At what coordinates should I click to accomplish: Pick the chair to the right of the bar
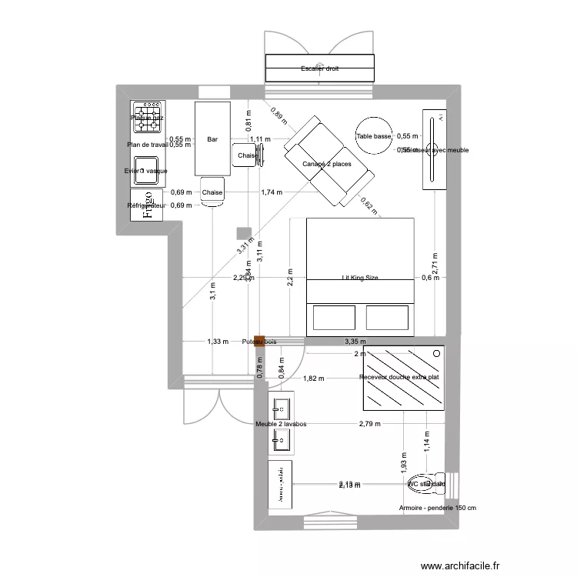click(249, 155)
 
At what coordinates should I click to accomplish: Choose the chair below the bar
click(212, 192)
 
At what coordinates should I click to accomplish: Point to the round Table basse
click(374, 136)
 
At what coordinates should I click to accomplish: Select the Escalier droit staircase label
click(320, 68)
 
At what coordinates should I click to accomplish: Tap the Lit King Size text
click(360, 278)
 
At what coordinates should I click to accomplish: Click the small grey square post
click(243, 232)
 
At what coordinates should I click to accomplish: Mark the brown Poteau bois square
click(259, 341)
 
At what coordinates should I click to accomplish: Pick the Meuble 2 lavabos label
click(281, 424)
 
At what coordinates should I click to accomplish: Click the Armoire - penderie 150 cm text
click(438, 508)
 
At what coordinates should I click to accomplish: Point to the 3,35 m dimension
click(355, 342)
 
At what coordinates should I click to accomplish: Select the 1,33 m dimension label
click(218, 342)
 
